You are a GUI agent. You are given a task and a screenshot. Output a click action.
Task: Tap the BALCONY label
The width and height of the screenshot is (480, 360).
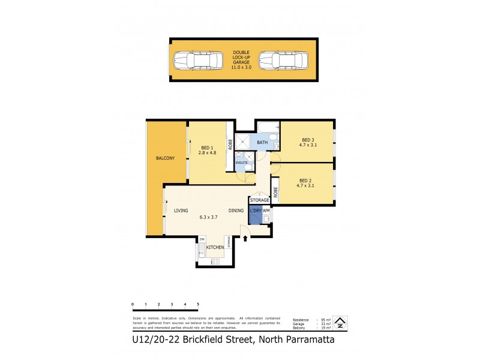pyautogui.click(x=165, y=158)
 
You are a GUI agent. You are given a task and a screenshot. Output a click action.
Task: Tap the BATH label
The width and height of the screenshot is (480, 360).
pyautogui.click(x=262, y=143)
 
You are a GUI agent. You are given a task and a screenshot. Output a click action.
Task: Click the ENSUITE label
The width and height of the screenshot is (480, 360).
pyautogui.click(x=241, y=163)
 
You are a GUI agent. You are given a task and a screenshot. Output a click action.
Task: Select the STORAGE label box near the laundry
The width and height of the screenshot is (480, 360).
pyautogui.click(x=260, y=200)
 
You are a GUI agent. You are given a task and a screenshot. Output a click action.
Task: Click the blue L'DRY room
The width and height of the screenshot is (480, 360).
pyautogui.click(x=255, y=215)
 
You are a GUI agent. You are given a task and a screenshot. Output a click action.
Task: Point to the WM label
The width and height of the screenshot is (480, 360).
pyautogui.click(x=266, y=211)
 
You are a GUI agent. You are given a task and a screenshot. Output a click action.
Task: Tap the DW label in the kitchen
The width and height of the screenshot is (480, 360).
pyautogui.click(x=202, y=240)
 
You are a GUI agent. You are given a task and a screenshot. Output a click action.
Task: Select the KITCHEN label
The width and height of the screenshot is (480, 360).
pyautogui.click(x=215, y=247)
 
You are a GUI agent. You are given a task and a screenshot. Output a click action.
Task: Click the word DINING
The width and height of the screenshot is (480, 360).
pyautogui.click(x=236, y=211)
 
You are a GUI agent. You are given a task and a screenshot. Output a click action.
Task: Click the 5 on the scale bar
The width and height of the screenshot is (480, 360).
pyautogui.click(x=197, y=305)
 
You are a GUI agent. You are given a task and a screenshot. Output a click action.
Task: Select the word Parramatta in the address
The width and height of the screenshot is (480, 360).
pyautogui.click(x=304, y=340)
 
